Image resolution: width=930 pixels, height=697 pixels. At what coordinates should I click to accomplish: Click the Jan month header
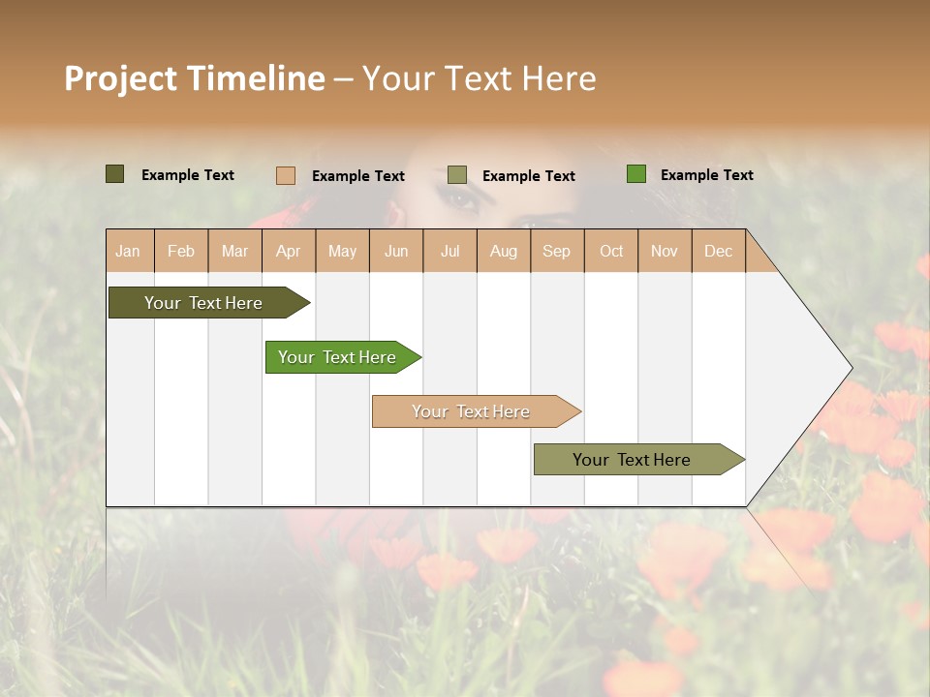click(129, 251)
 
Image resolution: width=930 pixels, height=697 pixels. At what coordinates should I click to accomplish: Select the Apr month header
click(289, 251)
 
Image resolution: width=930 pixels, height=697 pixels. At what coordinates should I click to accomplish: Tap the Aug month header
click(503, 251)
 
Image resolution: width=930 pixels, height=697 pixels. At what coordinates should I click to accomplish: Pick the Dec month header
click(718, 251)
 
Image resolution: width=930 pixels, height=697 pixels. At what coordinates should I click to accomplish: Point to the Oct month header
click(610, 251)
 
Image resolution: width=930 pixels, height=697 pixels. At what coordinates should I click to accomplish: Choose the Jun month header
click(396, 251)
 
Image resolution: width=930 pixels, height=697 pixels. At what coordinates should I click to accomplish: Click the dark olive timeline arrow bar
click(203, 303)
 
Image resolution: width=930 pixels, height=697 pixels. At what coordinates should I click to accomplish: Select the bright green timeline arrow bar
click(337, 357)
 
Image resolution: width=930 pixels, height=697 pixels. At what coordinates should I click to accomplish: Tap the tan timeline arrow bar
click(471, 411)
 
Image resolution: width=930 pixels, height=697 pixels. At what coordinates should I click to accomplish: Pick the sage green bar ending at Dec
click(632, 460)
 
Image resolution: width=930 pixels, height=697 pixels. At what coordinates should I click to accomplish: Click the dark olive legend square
click(114, 174)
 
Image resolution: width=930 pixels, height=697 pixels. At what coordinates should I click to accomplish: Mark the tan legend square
click(285, 175)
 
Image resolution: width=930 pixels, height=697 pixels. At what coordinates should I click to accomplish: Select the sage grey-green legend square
click(456, 175)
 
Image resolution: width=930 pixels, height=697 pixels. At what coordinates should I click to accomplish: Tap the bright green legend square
click(635, 174)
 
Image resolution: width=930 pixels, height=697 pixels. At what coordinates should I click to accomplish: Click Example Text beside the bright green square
click(706, 175)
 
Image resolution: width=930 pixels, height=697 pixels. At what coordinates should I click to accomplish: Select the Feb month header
click(181, 251)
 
